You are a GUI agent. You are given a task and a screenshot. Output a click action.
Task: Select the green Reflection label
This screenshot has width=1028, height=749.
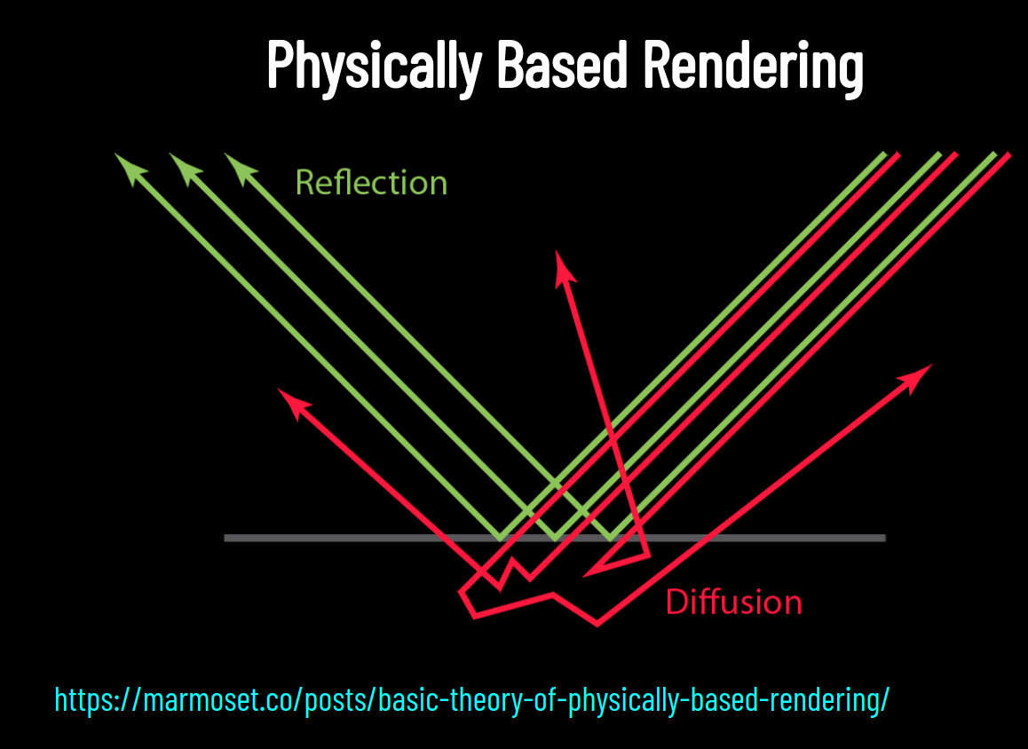(371, 183)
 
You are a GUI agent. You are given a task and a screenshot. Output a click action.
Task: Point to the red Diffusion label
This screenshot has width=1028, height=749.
(733, 603)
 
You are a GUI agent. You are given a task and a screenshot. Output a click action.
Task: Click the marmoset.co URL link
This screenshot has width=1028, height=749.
(471, 700)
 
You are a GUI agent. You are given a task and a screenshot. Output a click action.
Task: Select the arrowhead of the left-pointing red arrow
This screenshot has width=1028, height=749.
(289, 398)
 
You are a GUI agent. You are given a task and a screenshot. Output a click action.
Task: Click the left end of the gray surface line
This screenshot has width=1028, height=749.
(226, 538)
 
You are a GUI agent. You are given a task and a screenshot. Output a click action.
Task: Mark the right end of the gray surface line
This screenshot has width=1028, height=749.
(884, 538)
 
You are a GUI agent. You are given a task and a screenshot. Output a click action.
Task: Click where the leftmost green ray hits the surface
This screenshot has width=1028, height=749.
(500, 537)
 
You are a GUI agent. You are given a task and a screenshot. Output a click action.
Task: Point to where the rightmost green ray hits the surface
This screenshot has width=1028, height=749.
(611, 537)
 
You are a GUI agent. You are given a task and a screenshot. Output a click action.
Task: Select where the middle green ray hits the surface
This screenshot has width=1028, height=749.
(556, 537)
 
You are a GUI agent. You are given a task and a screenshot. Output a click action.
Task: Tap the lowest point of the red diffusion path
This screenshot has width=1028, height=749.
(597, 624)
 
